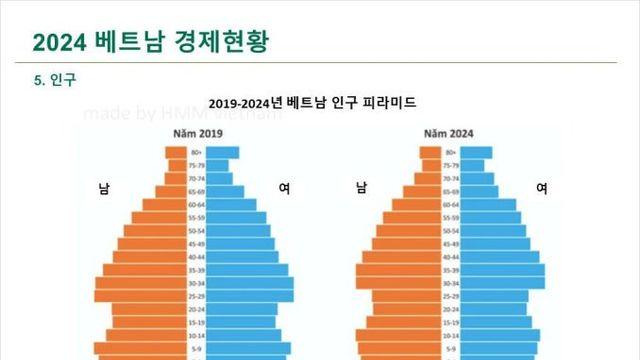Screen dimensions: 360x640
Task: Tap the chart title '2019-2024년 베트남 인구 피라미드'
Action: (x=312, y=103)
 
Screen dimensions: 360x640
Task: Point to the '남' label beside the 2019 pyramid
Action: (x=104, y=188)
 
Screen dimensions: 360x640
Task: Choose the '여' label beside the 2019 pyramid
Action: (x=285, y=188)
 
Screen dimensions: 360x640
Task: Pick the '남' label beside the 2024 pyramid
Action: (x=361, y=188)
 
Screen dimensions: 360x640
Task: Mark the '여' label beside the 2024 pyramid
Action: (x=541, y=188)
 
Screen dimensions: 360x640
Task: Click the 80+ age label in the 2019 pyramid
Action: (x=198, y=153)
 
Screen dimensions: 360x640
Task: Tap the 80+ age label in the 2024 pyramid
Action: (x=450, y=153)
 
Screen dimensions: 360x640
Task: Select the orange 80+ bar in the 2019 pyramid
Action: (x=176, y=153)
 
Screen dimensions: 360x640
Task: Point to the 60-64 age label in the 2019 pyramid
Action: (x=198, y=205)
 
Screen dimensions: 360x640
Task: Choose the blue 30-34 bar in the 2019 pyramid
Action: (x=251, y=283)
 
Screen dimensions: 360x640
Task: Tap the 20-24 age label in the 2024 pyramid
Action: (x=450, y=309)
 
